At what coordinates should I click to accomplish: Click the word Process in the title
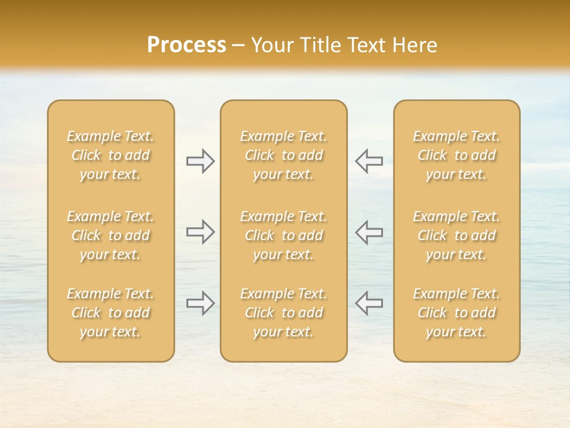pos(186,45)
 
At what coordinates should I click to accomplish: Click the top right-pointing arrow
pos(200,160)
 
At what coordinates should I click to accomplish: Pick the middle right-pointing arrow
pos(200,232)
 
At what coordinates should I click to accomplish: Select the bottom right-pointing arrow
pos(200,303)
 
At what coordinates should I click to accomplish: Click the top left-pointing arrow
pos(369,160)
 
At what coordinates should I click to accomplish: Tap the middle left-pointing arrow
pos(369,232)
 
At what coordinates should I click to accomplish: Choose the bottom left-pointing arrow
pos(369,303)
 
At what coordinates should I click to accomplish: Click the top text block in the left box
pos(110,155)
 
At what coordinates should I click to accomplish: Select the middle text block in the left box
pos(110,235)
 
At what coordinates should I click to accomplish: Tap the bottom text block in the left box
pos(110,313)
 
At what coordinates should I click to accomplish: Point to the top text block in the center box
pos(284,155)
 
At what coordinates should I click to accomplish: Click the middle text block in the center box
pos(284,235)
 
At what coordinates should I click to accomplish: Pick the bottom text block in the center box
pos(284,313)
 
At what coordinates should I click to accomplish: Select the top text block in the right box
pos(457,155)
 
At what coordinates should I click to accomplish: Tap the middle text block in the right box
pos(457,235)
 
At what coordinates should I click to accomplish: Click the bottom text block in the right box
pos(457,313)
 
